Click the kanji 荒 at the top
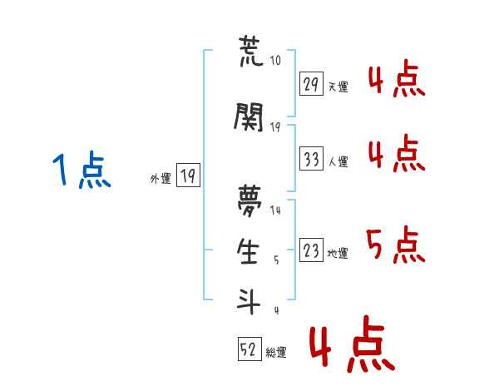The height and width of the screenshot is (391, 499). (x=251, y=51)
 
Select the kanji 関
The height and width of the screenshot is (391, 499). (x=249, y=117)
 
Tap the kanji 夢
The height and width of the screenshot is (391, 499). (x=249, y=200)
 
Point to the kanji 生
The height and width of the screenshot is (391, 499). (x=248, y=251)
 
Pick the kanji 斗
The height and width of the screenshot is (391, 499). (x=249, y=301)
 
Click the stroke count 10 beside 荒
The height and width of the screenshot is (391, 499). (x=275, y=60)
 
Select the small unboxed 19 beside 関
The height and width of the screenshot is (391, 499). (x=275, y=127)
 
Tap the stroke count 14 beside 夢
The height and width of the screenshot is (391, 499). (x=275, y=210)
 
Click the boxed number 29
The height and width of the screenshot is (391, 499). (x=311, y=84)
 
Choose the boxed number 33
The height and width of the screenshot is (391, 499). (x=311, y=158)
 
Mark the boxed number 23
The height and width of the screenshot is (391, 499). (x=311, y=250)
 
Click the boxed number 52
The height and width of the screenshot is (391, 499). (x=249, y=349)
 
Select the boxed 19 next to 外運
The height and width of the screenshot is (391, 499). (x=188, y=175)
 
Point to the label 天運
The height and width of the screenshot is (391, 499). (x=338, y=87)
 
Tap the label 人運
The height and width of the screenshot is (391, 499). (x=338, y=161)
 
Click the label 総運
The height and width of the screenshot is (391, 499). (x=276, y=352)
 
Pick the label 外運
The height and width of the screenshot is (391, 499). (x=161, y=178)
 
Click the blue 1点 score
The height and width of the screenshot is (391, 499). (x=82, y=170)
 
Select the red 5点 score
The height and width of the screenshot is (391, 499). (x=396, y=245)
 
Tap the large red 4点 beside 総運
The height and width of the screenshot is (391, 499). (x=352, y=344)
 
